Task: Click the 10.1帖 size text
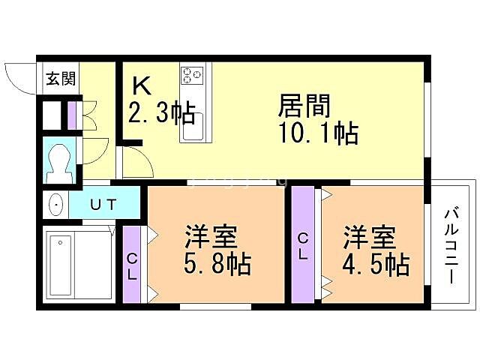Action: click(317, 133)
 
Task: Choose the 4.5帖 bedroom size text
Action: click(376, 264)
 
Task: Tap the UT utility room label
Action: click(103, 204)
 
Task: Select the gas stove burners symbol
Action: click(192, 75)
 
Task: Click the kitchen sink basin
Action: click(193, 130)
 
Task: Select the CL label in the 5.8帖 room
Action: click(131, 266)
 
